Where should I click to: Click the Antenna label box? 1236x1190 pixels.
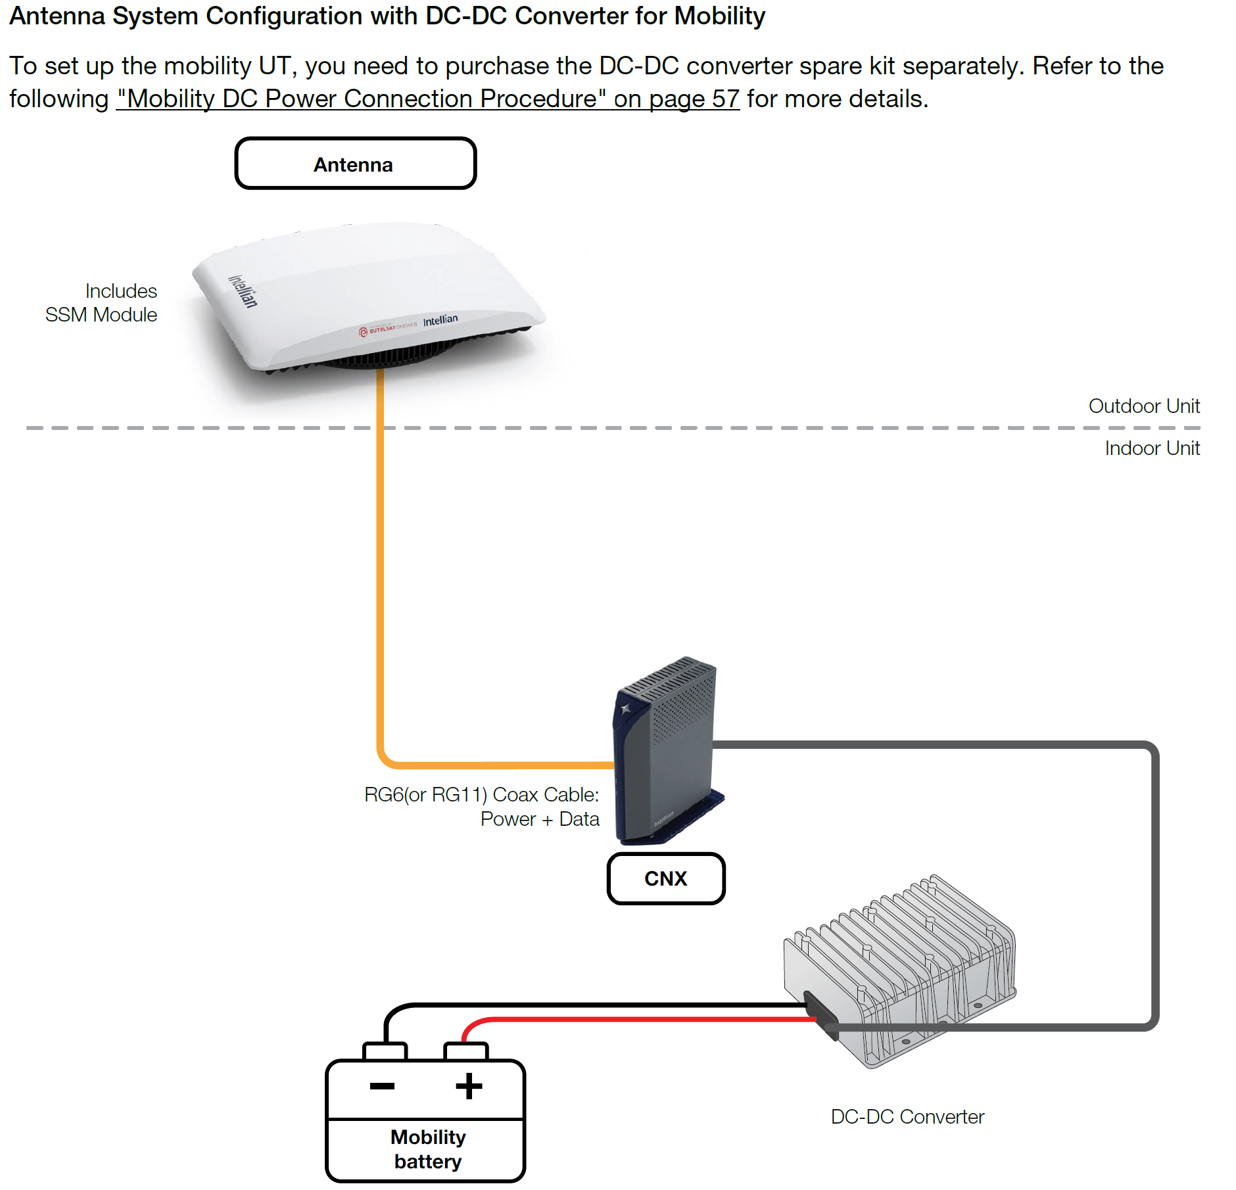click(x=355, y=164)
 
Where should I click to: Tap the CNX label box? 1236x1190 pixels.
click(x=665, y=878)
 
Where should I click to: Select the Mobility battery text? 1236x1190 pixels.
click(x=428, y=1149)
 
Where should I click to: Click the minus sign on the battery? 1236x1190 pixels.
click(x=382, y=1086)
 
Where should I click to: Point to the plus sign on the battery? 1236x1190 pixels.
click(x=469, y=1086)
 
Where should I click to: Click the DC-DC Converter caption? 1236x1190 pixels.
click(x=907, y=1116)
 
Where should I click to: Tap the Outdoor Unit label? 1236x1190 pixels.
click(x=1144, y=406)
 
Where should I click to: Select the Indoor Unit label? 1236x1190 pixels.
click(x=1152, y=448)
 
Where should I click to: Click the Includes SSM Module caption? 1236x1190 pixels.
click(x=101, y=303)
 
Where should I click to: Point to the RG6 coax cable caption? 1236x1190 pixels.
click(x=481, y=807)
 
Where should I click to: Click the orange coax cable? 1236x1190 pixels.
click(x=380, y=657)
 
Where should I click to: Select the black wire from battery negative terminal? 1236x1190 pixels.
click(x=592, y=1005)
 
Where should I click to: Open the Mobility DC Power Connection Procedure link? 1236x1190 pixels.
click(x=428, y=99)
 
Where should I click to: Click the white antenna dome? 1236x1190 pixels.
click(x=368, y=296)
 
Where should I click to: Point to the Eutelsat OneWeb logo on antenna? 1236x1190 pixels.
click(x=388, y=327)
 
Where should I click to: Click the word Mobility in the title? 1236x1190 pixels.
click(x=720, y=16)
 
